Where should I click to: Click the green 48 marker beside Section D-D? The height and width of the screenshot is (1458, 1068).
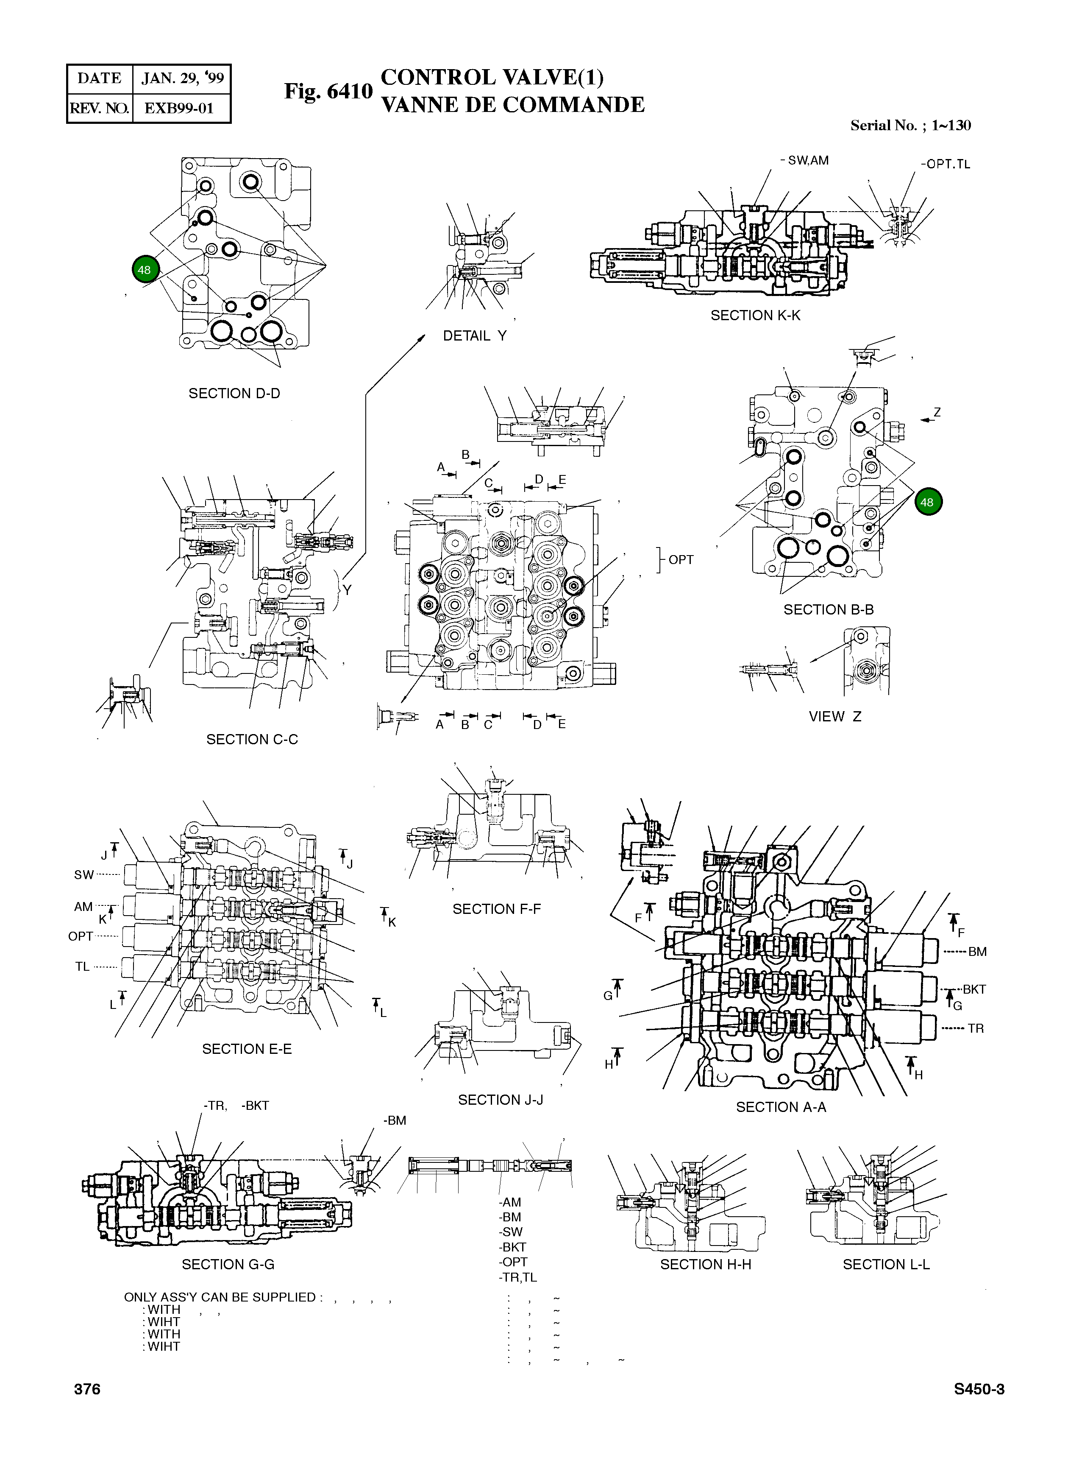click(144, 270)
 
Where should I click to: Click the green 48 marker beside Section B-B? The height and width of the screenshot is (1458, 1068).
click(928, 502)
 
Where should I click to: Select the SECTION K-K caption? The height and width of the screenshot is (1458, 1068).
click(755, 316)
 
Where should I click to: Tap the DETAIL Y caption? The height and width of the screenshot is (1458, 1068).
click(475, 336)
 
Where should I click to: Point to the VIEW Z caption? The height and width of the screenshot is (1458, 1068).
click(834, 717)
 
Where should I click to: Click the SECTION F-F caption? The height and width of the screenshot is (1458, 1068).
click(497, 909)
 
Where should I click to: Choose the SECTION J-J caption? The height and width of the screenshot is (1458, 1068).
click(501, 1100)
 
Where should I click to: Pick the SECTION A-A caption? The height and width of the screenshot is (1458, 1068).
click(781, 1107)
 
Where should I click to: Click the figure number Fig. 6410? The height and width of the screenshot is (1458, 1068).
click(328, 91)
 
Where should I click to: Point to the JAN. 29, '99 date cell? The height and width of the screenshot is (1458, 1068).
click(182, 79)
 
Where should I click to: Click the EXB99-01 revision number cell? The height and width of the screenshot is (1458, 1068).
click(179, 108)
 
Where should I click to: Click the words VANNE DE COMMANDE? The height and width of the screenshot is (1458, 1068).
click(513, 105)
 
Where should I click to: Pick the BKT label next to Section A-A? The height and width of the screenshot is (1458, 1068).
click(973, 989)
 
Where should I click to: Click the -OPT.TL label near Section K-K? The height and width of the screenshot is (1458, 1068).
click(945, 164)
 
